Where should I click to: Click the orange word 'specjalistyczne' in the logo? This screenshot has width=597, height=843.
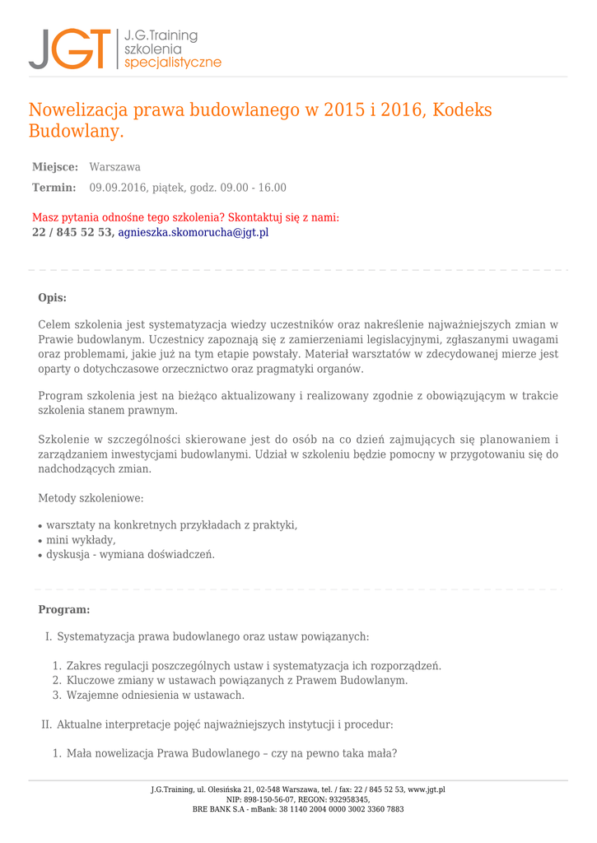pos(172,63)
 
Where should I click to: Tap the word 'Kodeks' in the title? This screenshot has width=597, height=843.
pos(462,110)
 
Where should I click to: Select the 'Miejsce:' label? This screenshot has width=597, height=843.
pos(55,167)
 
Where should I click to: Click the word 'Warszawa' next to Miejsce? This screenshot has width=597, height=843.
pos(114,167)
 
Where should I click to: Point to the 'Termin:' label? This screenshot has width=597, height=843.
pos(54,188)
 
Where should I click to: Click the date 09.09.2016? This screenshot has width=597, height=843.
pos(116,188)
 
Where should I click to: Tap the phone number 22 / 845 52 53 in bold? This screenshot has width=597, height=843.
pos(72,233)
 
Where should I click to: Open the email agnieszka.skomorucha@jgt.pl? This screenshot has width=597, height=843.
pos(194,233)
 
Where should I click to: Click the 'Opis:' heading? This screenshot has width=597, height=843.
pos(53,298)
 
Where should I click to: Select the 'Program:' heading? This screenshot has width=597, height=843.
pos(64,610)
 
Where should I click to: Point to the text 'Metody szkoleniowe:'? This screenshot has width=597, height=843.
pos(91,498)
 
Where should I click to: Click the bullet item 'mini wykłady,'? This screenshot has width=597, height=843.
pos(81,540)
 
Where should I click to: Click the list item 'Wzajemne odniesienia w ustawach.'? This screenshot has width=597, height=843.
pos(156,696)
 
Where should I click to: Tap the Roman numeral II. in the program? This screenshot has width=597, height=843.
pos(47,725)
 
